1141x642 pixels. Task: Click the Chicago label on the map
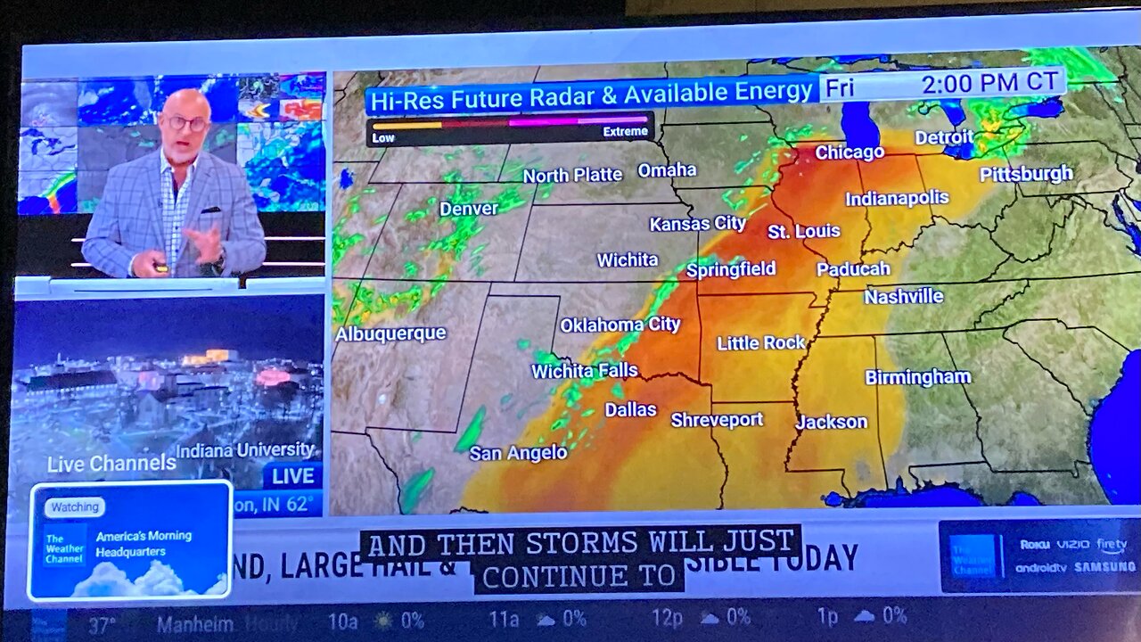(849, 152)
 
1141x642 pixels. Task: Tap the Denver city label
(469, 209)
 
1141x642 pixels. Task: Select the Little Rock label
(760, 342)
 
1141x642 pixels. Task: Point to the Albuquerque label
(390, 333)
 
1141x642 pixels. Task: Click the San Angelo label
(518, 453)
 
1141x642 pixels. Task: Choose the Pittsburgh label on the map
(1026, 174)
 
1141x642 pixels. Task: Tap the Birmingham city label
(917, 377)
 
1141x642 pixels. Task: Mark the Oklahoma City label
(620, 325)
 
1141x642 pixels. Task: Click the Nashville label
(903, 297)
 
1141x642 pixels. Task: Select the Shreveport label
(717, 419)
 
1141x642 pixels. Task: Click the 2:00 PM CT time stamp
(989, 84)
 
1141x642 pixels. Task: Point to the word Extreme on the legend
(625, 132)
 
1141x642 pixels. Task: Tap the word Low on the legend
(383, 138)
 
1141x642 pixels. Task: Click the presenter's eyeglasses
(185, 123)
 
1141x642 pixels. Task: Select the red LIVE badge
(292, 476)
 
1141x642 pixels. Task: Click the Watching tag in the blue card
(75, 507)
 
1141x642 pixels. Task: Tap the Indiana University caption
(244, 450)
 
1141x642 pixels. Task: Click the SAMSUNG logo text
(1104, 567)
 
